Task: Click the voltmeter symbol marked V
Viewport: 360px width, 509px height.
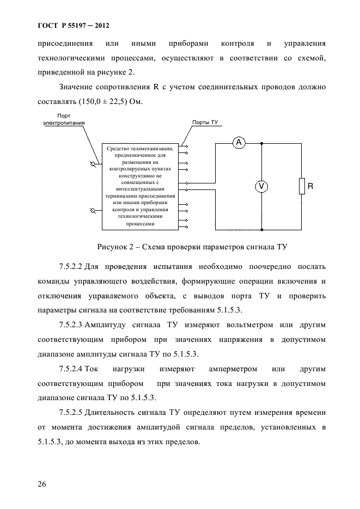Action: pyautogui.click(x=261, y=186)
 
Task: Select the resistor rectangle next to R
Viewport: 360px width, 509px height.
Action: pyautogui.click(x=302, y=186)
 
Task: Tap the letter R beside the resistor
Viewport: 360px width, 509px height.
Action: pyautogui.click(x=310, y=186)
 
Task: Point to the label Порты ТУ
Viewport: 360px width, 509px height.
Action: pyautogui.click(x=205, y=123)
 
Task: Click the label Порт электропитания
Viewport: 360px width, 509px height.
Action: pyautogui.click(x=64, y=119)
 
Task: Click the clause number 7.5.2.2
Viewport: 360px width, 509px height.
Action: pyautogui.click(x=70, y=267)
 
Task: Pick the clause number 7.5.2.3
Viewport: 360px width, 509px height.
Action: pyautogui.click(x=70, y=325)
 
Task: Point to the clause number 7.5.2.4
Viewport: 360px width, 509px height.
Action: pyautogui.click(x=70, y=369)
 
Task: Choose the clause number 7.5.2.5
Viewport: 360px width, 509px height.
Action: pyautogui.click(x=70, y=412)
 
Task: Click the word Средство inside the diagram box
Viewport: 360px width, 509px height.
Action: pyautogui.click(x=118, y=148)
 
